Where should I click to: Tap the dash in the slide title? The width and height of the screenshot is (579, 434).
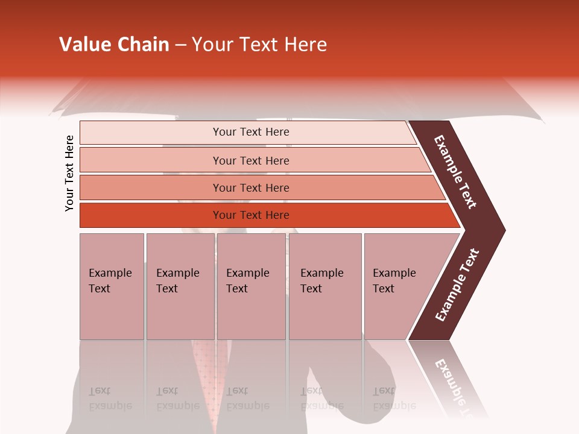point(180,45)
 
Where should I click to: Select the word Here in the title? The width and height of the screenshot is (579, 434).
point(305,45)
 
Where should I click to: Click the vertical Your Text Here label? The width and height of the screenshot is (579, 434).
point(69,173)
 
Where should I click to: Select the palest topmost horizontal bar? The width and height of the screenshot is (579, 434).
point(247,132)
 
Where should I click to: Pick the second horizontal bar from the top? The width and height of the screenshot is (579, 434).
point(253,160)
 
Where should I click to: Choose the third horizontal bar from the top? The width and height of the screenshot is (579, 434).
point(259,187)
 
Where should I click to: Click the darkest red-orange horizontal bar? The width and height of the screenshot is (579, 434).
point(265,215)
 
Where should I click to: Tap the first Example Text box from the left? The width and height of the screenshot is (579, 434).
point(112,286)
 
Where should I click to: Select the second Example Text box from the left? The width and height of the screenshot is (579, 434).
point(180,286)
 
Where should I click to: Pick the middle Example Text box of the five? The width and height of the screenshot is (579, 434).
point(251,286)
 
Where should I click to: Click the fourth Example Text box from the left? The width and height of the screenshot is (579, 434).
point(324,286)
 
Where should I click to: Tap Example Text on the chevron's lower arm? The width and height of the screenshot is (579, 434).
point(457,285)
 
